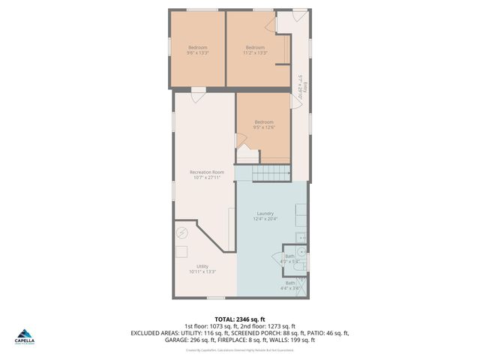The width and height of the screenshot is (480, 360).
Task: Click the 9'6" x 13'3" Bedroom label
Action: click(197, 50)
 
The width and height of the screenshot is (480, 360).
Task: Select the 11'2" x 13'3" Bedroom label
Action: click(255, 50)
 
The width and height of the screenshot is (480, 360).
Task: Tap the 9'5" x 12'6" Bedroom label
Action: click(263, 124)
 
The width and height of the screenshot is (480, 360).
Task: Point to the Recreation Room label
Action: click(206, 175)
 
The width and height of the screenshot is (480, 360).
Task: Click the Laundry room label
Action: click(265, 216)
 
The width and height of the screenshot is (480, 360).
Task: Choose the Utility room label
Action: click(202, 268)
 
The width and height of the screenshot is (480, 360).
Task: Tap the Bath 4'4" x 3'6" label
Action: click(289, 285)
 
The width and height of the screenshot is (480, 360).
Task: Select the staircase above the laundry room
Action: click(271, 173)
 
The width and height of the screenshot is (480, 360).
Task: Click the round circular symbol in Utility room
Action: click(181, 233)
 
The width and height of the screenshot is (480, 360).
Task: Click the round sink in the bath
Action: click(301, 250)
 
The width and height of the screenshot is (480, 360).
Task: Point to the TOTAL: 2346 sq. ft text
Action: click(240, 319)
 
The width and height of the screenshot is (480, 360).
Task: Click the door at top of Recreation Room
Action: click(197, 94)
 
